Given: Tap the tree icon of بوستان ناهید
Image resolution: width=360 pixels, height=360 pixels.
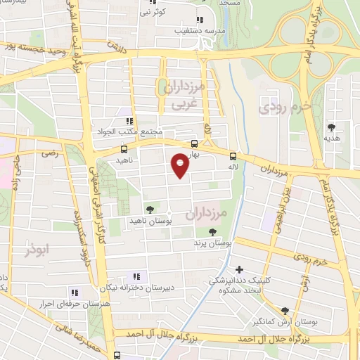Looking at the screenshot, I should (149, 209).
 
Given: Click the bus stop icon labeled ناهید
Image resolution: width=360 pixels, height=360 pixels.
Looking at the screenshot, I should (124, 149).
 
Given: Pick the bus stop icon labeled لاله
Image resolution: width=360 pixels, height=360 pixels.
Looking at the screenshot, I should (233, 157).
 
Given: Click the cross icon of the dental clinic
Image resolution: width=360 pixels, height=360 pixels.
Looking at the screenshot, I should (240, 269).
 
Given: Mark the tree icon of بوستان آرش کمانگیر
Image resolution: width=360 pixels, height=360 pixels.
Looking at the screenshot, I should (285, 310).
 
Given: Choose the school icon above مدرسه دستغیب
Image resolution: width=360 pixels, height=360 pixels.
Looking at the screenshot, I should (200, 20).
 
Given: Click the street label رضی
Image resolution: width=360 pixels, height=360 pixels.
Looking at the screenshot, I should (49, 153).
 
